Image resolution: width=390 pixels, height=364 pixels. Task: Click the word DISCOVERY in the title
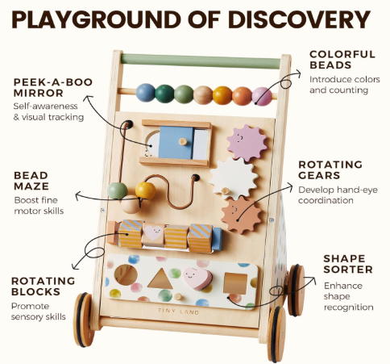pos(300,19)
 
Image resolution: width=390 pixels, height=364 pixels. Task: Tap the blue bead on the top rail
pos(146,93)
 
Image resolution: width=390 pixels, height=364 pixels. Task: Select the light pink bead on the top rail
pos(262,96)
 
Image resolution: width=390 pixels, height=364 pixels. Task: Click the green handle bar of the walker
pos(201,61)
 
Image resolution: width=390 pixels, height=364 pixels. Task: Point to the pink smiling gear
pos(247,143)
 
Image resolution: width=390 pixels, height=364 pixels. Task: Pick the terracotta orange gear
pos(241,215)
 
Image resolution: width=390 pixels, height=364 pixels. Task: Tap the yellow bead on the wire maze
pos(145,190)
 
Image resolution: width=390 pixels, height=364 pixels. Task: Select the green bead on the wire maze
pos(118,190)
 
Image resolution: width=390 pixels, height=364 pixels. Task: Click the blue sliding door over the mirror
pos(176,143)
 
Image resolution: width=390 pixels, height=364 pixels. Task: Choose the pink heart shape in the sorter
pos(197,278)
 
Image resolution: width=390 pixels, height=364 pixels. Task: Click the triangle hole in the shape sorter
pos(160,278)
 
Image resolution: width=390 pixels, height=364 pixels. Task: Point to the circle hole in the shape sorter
pos(126,274)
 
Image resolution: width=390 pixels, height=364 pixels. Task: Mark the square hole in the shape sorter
pos(235,283)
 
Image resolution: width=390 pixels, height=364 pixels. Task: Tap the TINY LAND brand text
pos(179,312)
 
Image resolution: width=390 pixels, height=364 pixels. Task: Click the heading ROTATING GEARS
pos(330,169)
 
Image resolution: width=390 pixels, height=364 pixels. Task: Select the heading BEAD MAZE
pos(31,181)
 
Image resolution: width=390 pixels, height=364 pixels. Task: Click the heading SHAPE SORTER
pos(348,264)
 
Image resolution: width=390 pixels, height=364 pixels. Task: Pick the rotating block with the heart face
pos(153,234)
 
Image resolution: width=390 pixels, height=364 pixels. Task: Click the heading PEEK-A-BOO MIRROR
pos(53,87)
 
